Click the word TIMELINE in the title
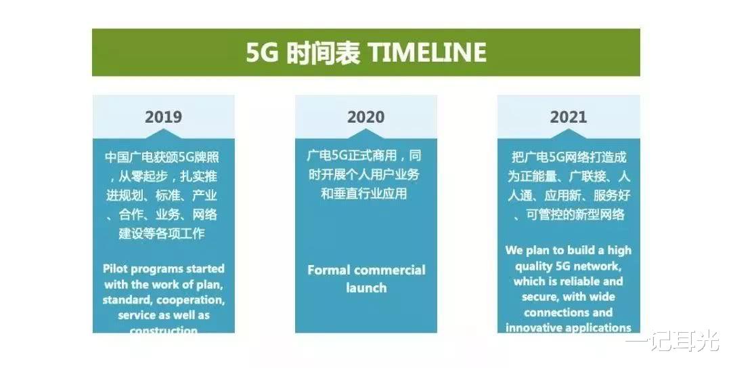(427, 53)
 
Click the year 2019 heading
(163, 117)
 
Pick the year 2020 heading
(365, 117)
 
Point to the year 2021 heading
(568, 117)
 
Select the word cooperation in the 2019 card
(189, 300)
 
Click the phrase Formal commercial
(366, 270)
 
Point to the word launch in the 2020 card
(366, 287)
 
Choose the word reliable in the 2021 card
(585, 281)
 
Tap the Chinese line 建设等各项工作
(162, 234)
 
